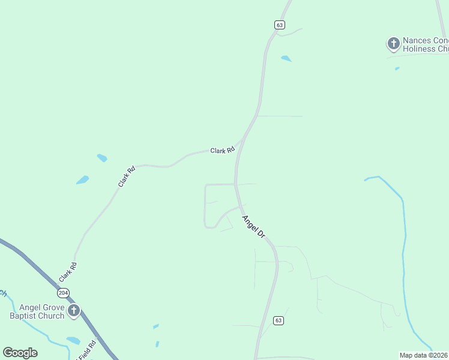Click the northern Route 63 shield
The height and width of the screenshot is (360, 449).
point(280,25)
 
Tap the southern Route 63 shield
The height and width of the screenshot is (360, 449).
point(278,320)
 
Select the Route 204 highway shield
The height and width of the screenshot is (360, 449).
point(64,293)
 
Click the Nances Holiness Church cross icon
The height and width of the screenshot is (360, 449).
point(393,43)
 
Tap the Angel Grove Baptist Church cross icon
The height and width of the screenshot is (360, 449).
point(74,310)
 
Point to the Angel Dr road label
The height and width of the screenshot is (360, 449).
point(253,226)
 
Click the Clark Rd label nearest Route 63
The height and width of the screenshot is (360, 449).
point(222,151)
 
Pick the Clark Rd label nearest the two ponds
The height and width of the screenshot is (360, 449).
point(127,177)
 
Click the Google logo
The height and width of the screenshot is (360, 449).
point(20,353)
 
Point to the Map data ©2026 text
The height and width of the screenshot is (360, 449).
point(423,355)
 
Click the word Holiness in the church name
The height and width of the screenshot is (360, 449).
point(419,49)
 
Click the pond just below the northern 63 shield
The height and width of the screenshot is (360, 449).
point(286,59)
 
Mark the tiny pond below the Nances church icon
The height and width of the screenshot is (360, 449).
point(397,68)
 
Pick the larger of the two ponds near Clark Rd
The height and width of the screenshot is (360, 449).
point(82,180)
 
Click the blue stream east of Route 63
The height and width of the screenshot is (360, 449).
point(404,240)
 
